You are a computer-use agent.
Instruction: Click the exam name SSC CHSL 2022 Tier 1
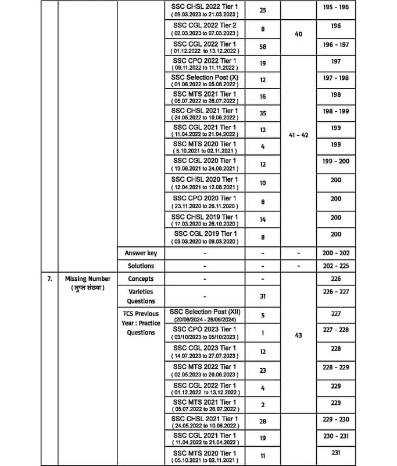coord(205,5)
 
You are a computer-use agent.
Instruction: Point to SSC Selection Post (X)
coord(205,77)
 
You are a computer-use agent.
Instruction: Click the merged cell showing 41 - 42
coord(299,134)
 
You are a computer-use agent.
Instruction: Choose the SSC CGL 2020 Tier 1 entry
coord(205,160)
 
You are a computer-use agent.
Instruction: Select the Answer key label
coord(141,253)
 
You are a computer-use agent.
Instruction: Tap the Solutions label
coord(141,266)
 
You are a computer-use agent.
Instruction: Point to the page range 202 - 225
coord(336,266)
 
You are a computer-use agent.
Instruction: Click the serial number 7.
coord(50,278)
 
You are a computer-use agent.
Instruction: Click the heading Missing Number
coord(87,278)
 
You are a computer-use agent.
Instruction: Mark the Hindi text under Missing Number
coord(87,288)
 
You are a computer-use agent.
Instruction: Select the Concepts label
coord(141,278)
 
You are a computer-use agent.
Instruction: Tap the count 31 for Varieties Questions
coord(263,296)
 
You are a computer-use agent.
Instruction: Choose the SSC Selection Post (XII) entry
coord(205,312)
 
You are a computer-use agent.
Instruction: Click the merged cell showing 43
coord(299,335)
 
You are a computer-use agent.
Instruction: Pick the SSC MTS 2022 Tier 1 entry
coord(205,366)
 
